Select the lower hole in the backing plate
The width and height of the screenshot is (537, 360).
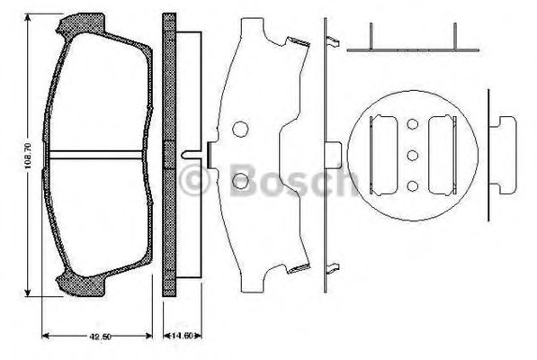click(x=240, y=184)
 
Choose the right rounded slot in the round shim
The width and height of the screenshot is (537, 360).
click(x=444, y=154)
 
